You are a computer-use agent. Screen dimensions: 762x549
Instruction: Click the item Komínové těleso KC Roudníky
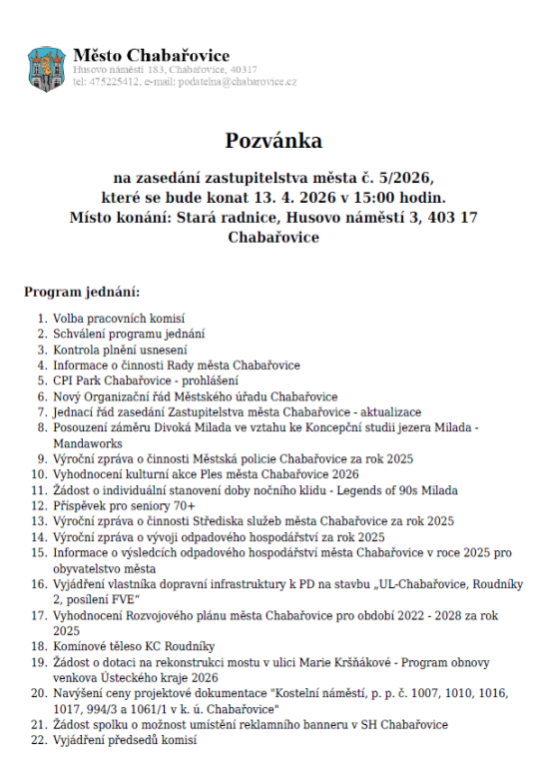click(x=134, y=646)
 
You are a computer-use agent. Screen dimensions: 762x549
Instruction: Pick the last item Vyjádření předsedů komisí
click(x=126, y=740)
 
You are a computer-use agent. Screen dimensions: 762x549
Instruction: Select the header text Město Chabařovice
click(x=151, y=55)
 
